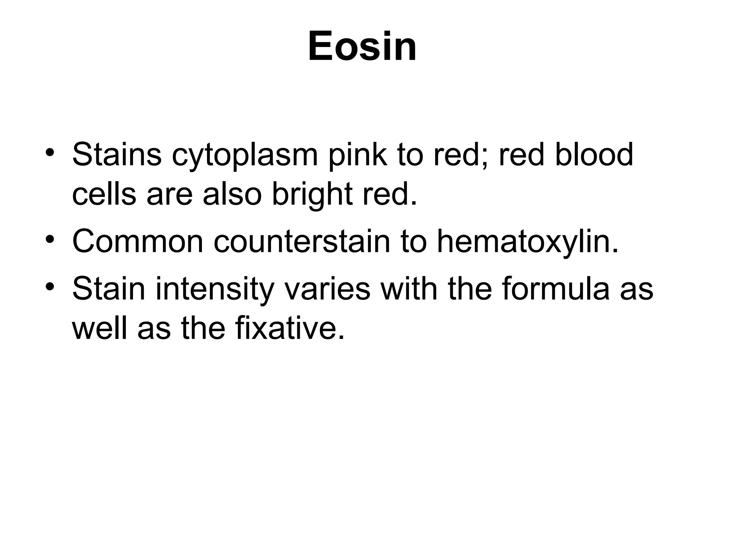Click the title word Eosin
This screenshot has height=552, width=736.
pos(362,47)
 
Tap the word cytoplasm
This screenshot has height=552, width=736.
pos(245,155)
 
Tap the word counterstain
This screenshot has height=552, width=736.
pos(302,241)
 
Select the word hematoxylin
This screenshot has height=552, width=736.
pos(528,242)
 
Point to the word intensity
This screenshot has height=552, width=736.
pos(215,289)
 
